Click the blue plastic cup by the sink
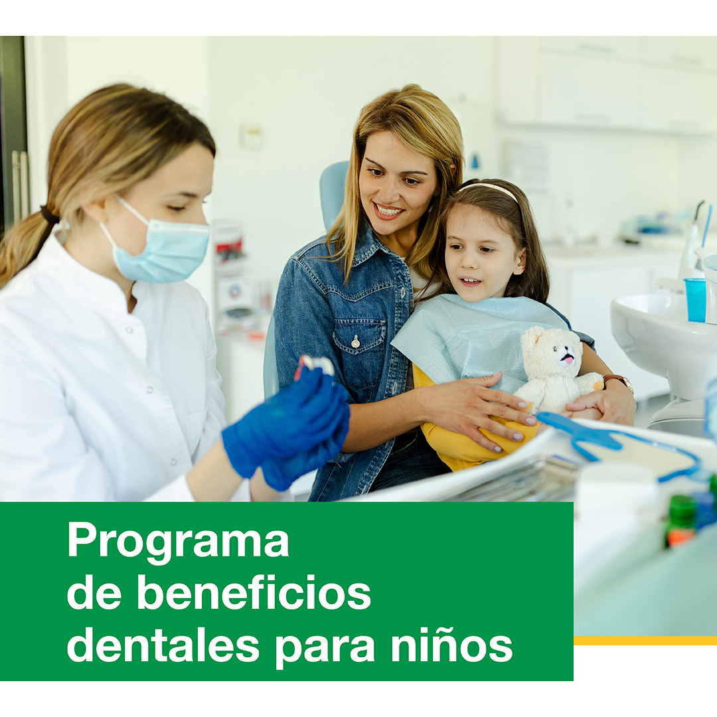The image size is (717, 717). point(695,299)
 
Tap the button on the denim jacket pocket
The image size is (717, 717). point(355,341)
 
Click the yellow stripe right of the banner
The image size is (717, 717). point(645,640)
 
